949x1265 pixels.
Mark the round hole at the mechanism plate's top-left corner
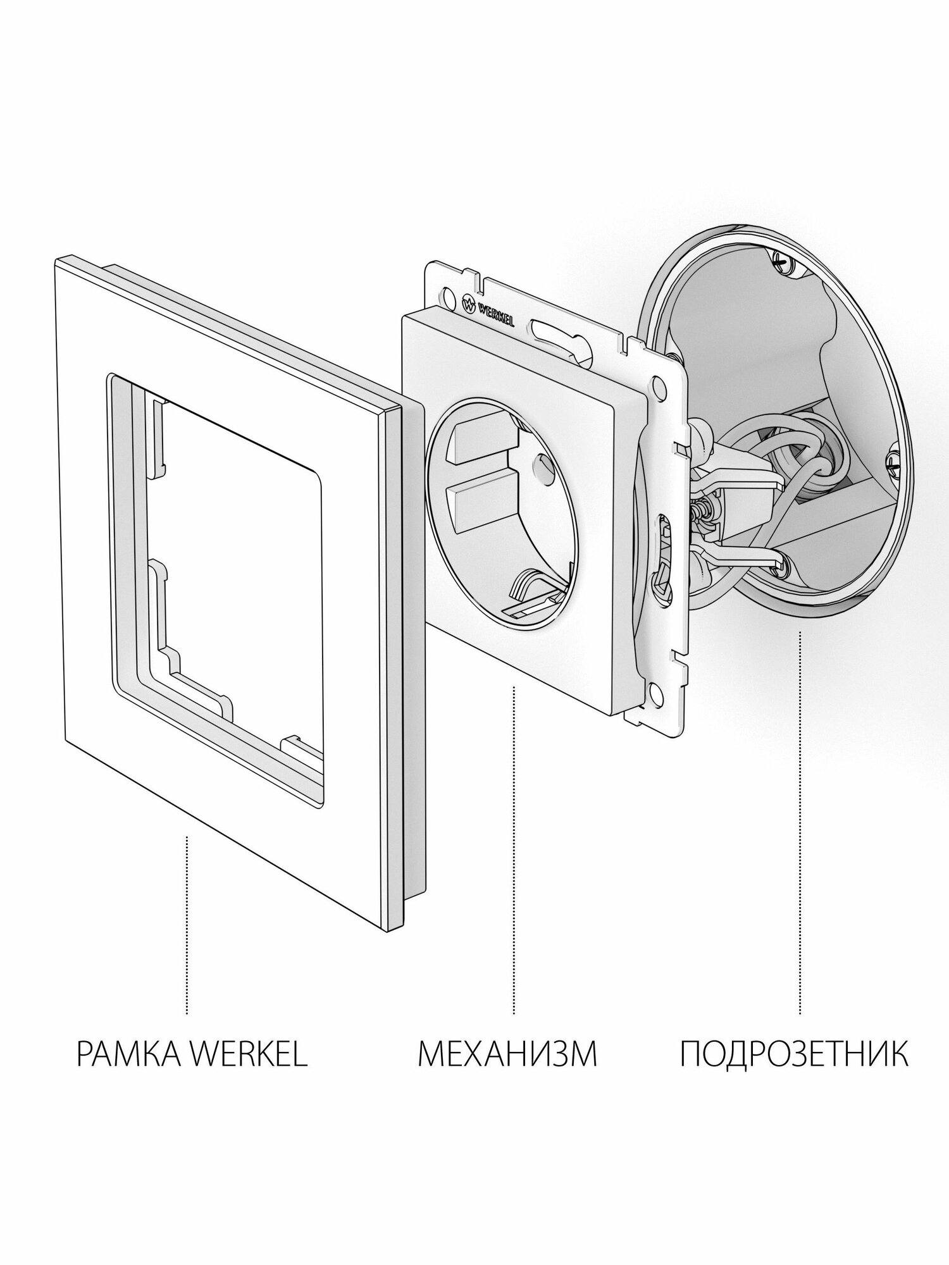pos(449,295)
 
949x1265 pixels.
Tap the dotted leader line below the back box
pos(800,696)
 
